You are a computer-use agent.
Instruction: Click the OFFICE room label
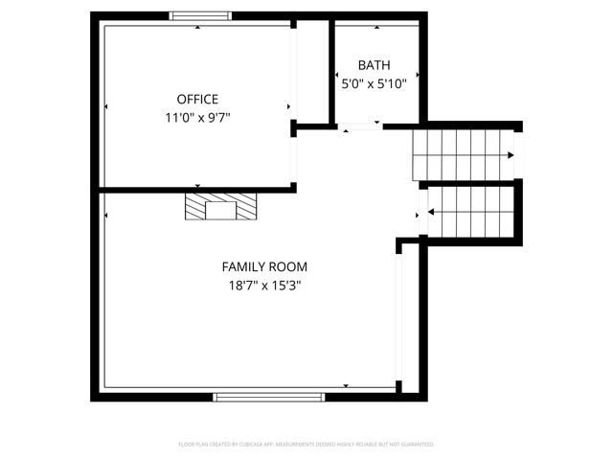coord(197,100)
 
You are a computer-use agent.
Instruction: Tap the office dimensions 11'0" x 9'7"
coord(197,118)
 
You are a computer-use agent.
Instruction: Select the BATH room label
coord(375,65)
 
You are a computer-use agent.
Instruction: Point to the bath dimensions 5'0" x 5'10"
coord(375,83)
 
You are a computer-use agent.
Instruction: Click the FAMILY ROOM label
coord(264,266)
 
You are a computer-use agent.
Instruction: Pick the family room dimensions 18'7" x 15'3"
coord(264,285)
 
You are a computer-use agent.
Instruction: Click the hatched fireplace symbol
coord(221,207)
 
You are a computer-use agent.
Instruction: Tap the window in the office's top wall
coord(200,16)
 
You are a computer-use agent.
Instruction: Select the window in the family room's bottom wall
coord(269,396)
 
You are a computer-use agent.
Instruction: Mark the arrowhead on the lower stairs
coord(430,213)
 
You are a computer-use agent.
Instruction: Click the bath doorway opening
coord(362,126)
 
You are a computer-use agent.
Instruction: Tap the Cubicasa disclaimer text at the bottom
coord(306,445)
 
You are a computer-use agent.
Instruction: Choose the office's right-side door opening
coord(294,158)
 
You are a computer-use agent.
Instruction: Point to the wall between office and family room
coord(192,190)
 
